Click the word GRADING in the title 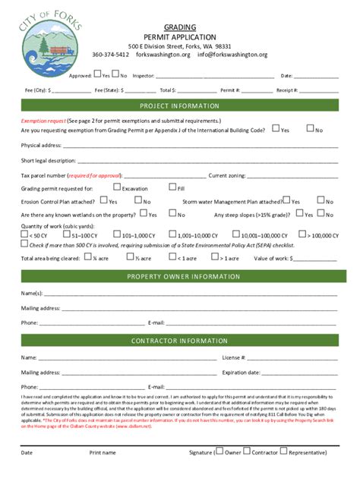[179, 27]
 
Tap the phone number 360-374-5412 [110, 55]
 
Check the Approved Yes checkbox [96, 75]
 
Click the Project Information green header [179, 105]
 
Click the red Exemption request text [43, 121]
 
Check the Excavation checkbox [117, 187]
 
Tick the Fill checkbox [172, 187]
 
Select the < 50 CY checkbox [24, 234]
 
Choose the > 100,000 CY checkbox [302, 234]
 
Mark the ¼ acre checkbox [88, 257]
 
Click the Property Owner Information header [179, 276]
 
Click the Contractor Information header [179, 341]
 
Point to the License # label [232, 357]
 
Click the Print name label [103, 453]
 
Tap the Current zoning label [227, 175]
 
